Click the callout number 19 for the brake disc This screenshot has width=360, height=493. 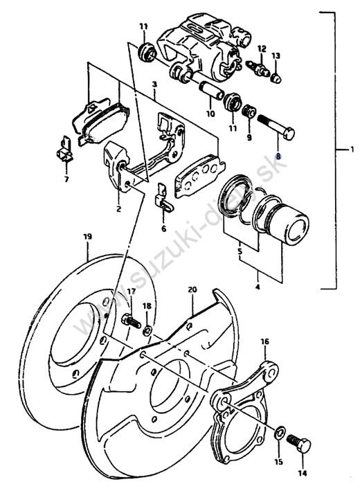pos(88,236)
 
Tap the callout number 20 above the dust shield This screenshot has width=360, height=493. pos(192,289)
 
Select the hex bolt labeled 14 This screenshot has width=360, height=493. pos(299,444)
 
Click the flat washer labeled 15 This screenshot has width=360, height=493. pos(280,433)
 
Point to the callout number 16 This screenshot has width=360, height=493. pos(264,341)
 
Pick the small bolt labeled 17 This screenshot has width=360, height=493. pos(131,321)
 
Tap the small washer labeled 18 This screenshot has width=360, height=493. pos(147,330)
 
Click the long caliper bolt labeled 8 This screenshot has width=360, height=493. pos(276,127)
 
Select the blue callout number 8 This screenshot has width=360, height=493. pos(278,156)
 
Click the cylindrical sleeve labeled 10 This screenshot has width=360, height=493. pos(211,90)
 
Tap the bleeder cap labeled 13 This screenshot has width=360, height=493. pos(276,78)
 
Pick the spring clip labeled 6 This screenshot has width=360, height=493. pos(164,198)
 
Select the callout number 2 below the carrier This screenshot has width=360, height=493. pos(118,209)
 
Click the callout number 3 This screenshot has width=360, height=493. pos(154,84)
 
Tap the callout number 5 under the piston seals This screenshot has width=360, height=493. pos(240,251)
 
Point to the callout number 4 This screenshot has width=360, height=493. pos(258,287)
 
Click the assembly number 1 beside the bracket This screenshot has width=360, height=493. pos(353,150)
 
